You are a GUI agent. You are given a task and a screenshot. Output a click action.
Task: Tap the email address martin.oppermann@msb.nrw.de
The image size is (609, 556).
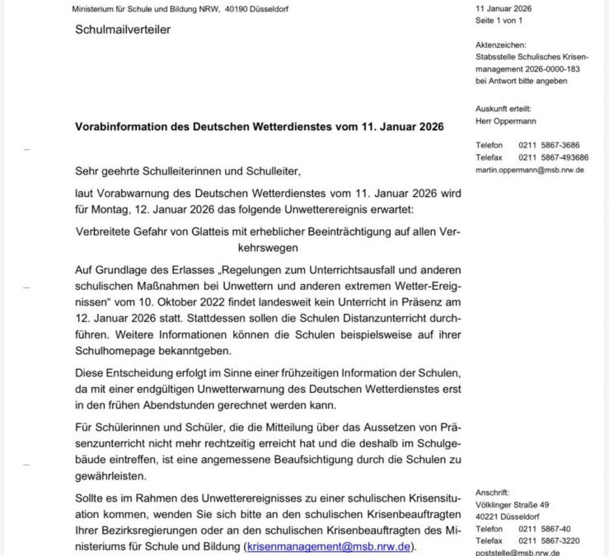(x=530, y=170)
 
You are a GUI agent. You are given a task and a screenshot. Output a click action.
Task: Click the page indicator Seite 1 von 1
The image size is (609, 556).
(x=500, y=20)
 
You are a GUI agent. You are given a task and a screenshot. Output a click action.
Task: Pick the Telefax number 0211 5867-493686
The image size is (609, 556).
(x=553, y=157)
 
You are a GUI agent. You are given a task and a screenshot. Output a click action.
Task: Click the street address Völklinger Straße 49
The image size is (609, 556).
(x=513, y=504)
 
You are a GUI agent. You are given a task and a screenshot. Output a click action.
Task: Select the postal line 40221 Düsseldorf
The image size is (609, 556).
(x=508, y=516)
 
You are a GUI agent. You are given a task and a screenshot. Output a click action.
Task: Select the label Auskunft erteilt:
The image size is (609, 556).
(x=504, y=109)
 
